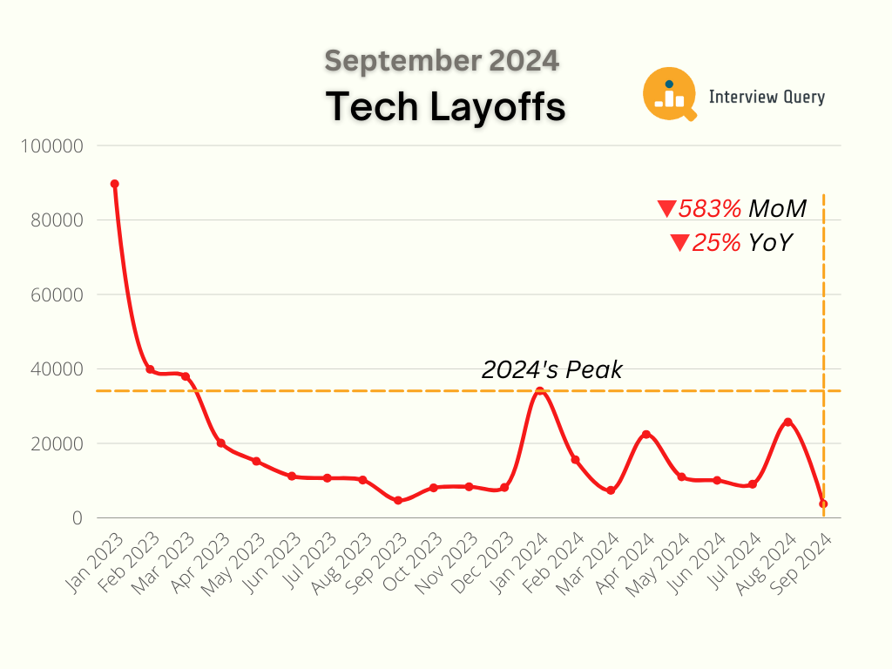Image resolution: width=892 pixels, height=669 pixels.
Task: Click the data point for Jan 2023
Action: click(114, 184)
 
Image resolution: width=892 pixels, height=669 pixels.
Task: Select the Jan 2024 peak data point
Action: click(540, 391)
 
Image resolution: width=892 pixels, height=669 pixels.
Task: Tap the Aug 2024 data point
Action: click(788, 422)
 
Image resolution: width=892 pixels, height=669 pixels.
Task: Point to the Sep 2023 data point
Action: click(398, 500)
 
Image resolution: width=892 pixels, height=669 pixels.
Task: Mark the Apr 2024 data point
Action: click(646, 434)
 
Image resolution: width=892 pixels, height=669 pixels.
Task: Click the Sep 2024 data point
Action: click(823, 503)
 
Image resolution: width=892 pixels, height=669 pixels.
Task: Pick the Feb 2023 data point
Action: click(150, 369)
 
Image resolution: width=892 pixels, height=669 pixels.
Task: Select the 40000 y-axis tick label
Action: click(55, 368)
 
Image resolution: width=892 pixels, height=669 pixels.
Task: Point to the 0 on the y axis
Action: click(78, 518)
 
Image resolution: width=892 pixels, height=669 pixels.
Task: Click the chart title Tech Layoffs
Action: click(446, 107)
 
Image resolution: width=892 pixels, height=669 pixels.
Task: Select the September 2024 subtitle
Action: click(442, 61)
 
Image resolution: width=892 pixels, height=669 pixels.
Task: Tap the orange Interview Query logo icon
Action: click(669, 94)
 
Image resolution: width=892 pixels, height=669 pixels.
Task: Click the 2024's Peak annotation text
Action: click(552, 369)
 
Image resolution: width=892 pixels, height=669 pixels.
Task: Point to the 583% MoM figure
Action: click(742, 209)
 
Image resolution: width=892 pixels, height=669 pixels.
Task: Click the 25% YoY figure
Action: click(742, 242)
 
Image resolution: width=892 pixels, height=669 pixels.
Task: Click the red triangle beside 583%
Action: click(667, 209)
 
